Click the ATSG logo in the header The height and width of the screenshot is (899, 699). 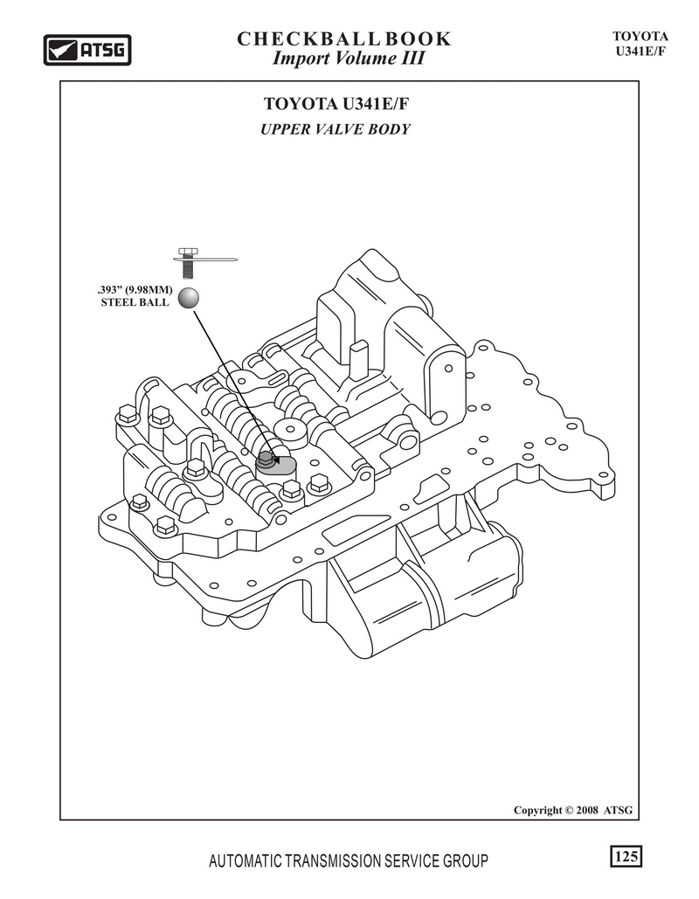coord(87,50)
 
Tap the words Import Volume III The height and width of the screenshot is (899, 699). coord(348,59)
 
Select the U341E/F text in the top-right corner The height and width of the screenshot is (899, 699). coord(640,51)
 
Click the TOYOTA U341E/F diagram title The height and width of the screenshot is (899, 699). coord(336,104)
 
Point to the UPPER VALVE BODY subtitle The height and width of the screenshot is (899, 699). coord(336,129)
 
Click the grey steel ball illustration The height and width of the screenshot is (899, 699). coord(188,298)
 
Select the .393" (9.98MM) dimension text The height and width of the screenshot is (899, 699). coord(135,289)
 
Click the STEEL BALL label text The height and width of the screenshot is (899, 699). coord(135,302)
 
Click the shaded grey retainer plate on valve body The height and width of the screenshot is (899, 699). coord(277,466)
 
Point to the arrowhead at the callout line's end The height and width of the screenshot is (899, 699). coord(276,459)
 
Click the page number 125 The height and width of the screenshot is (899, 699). coord(626,856)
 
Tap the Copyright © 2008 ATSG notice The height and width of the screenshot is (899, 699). coord(573,810)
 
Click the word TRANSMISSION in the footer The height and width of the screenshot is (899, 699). coord(333,861)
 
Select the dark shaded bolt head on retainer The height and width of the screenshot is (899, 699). coord(265,460)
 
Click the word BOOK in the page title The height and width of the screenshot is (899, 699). coord(418,39)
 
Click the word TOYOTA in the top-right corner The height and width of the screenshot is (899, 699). coord(640,36)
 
